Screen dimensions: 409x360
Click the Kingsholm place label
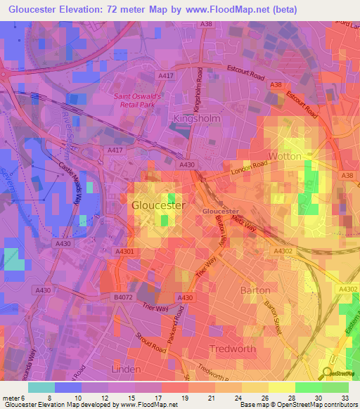(x=197, y=119)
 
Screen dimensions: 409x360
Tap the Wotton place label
(x=284, y=156)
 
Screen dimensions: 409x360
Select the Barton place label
(x=255, y=290)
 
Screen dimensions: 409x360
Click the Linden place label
(x=127, y=368)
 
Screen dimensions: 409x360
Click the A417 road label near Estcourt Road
(x=166, y=75)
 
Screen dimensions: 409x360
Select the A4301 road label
(x=123, y=250)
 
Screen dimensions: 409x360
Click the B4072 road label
(x=123, y=298)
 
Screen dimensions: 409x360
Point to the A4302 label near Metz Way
(x=282, y=250)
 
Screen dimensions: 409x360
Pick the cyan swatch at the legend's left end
(x=41, y=387)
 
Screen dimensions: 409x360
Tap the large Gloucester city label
(x=157, y=205)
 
